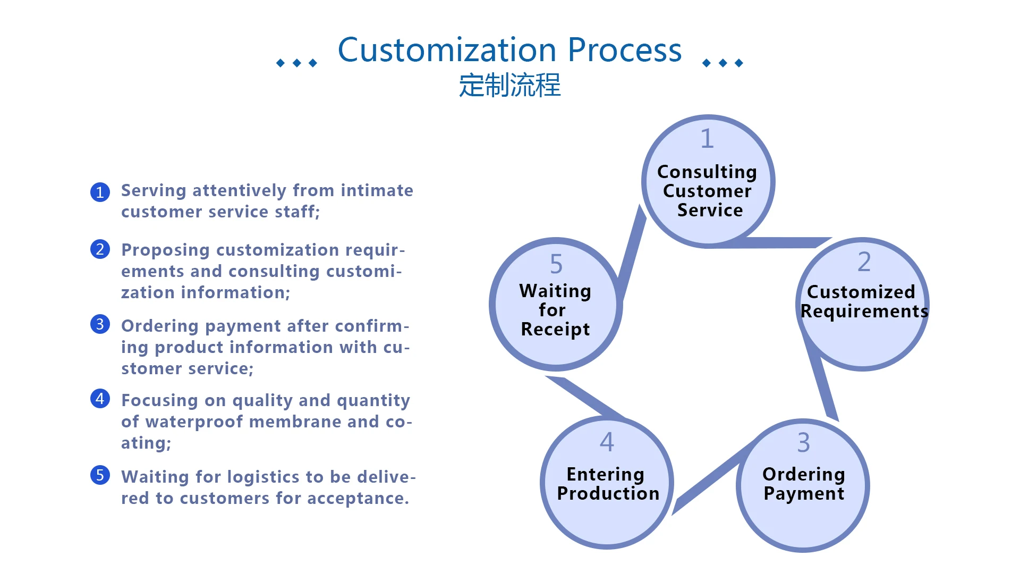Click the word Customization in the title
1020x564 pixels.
pyautogui.click(x=447, y=50)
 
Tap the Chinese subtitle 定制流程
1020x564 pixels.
pyautogui.click(x=509, y=85)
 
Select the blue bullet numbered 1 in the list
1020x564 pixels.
pyautogui.click(x=100, y=192)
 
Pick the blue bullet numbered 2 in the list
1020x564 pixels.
pyautogui.click(x=100, y=249)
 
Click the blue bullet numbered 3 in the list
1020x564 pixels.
pyautogui.click(x=100, y=324)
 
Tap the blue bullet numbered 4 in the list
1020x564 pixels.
pyautogui.click(x=100, y=398)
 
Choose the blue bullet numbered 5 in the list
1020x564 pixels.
pyautogui.click(x=100, y=475)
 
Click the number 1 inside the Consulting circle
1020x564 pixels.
pyautogui.click(x=707, y=139)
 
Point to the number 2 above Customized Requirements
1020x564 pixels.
pyautogui.click(x=864, y=262)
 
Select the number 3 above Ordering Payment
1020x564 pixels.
pyautogui.click(x=804, y=442)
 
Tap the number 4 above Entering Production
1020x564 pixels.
pyautogui.click(x=607, y=442)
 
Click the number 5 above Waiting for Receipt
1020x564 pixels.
pyautogui.click(x=556, y=264)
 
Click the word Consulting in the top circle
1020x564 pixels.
pyautogui.click(x=707, y=172)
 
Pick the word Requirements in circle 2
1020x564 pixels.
pyautogui.click(x=864, y=312)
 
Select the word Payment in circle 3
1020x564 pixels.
pyautogui.click(x=804, y=494)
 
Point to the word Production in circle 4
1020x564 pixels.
pyautogui.click(x=608, y=493)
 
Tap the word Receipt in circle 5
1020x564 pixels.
pyautogui.click(x=555, y=330)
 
